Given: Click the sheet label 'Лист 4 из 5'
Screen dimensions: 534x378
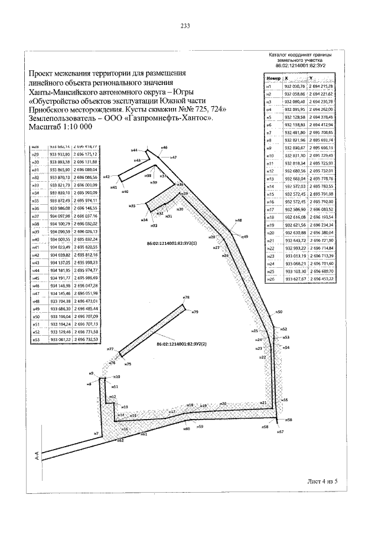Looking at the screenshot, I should (x=322, y=481).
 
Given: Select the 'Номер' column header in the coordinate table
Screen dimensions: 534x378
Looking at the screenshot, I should (x=273, y=78).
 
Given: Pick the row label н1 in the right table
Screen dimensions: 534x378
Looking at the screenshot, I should (x=269, y=87).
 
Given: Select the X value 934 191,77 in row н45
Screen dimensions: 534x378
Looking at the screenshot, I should (x=60, y=277).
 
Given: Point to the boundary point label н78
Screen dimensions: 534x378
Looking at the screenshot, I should (x=186, y=297).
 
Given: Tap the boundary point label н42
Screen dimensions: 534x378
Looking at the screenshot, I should (x=107, y=176).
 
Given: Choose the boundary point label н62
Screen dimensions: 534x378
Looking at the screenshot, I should (x=120, y=440).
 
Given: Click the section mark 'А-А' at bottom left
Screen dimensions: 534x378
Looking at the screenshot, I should (x=37, y=456).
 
